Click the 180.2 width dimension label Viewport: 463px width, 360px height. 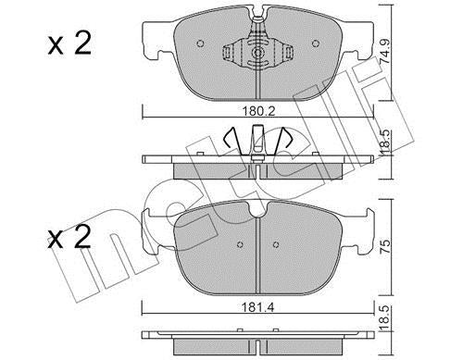coord(257,111)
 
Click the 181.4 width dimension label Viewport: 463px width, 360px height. coord(257,307)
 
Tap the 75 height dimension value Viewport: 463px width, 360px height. coord(386,245)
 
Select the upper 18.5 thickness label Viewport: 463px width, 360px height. coord(386,143)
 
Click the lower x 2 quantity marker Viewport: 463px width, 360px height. coord(69,237)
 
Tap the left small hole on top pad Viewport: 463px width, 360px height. coord(200,43)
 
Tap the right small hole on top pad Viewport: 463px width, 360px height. coord(315,43)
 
